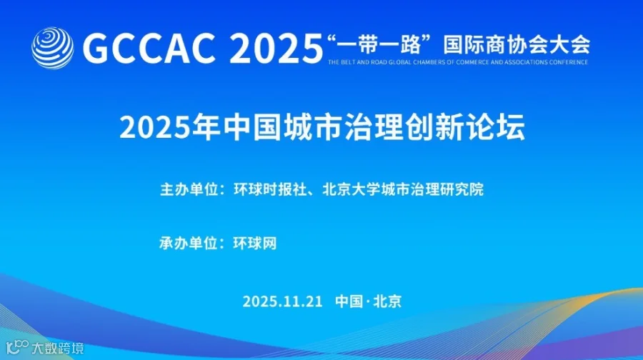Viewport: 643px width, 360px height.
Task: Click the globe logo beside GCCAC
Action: [x=52, y=47]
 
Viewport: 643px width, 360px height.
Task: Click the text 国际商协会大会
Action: [x=517, y=45]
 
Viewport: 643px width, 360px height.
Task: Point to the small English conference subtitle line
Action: [x=458, y=62]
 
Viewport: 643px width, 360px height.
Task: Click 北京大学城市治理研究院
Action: [x=404, y=190]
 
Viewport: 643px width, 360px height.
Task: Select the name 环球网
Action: [x=254, y=243]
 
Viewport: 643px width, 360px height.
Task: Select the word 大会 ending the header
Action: [x=572, y=45]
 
